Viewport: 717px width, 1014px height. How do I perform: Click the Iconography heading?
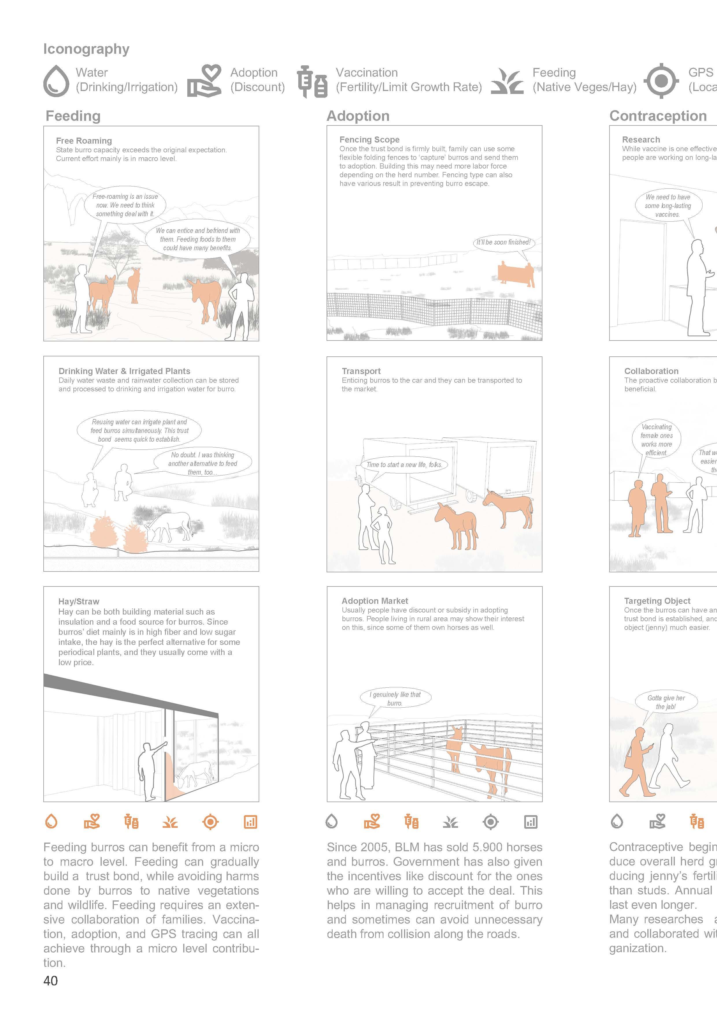(86, 49)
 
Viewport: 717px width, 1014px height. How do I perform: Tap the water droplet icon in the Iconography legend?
(57, 80)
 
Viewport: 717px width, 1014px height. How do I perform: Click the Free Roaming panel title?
(84, 141)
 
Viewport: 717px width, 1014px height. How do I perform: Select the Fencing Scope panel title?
(369, 140)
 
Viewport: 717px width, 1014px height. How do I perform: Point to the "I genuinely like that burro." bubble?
(395, 699)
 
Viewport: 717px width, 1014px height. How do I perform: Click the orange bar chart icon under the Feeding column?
(250, 822)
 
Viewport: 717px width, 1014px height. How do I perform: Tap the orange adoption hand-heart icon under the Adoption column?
(372, 822)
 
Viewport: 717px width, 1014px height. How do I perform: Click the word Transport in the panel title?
(361, 371)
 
